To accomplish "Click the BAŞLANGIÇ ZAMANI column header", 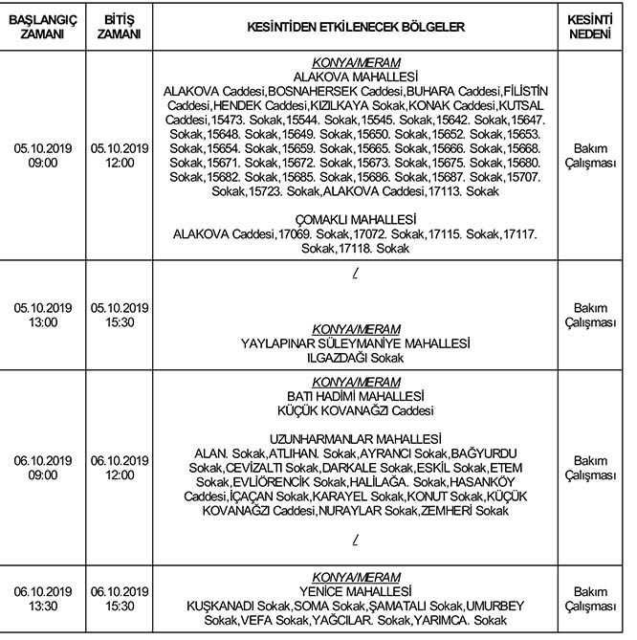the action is click(x=41, y=26).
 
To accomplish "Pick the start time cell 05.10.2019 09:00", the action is click(x=41, y=156).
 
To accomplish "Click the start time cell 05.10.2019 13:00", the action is click(x=41, y=316).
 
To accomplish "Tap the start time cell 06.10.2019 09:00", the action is click(x=41, y=467).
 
